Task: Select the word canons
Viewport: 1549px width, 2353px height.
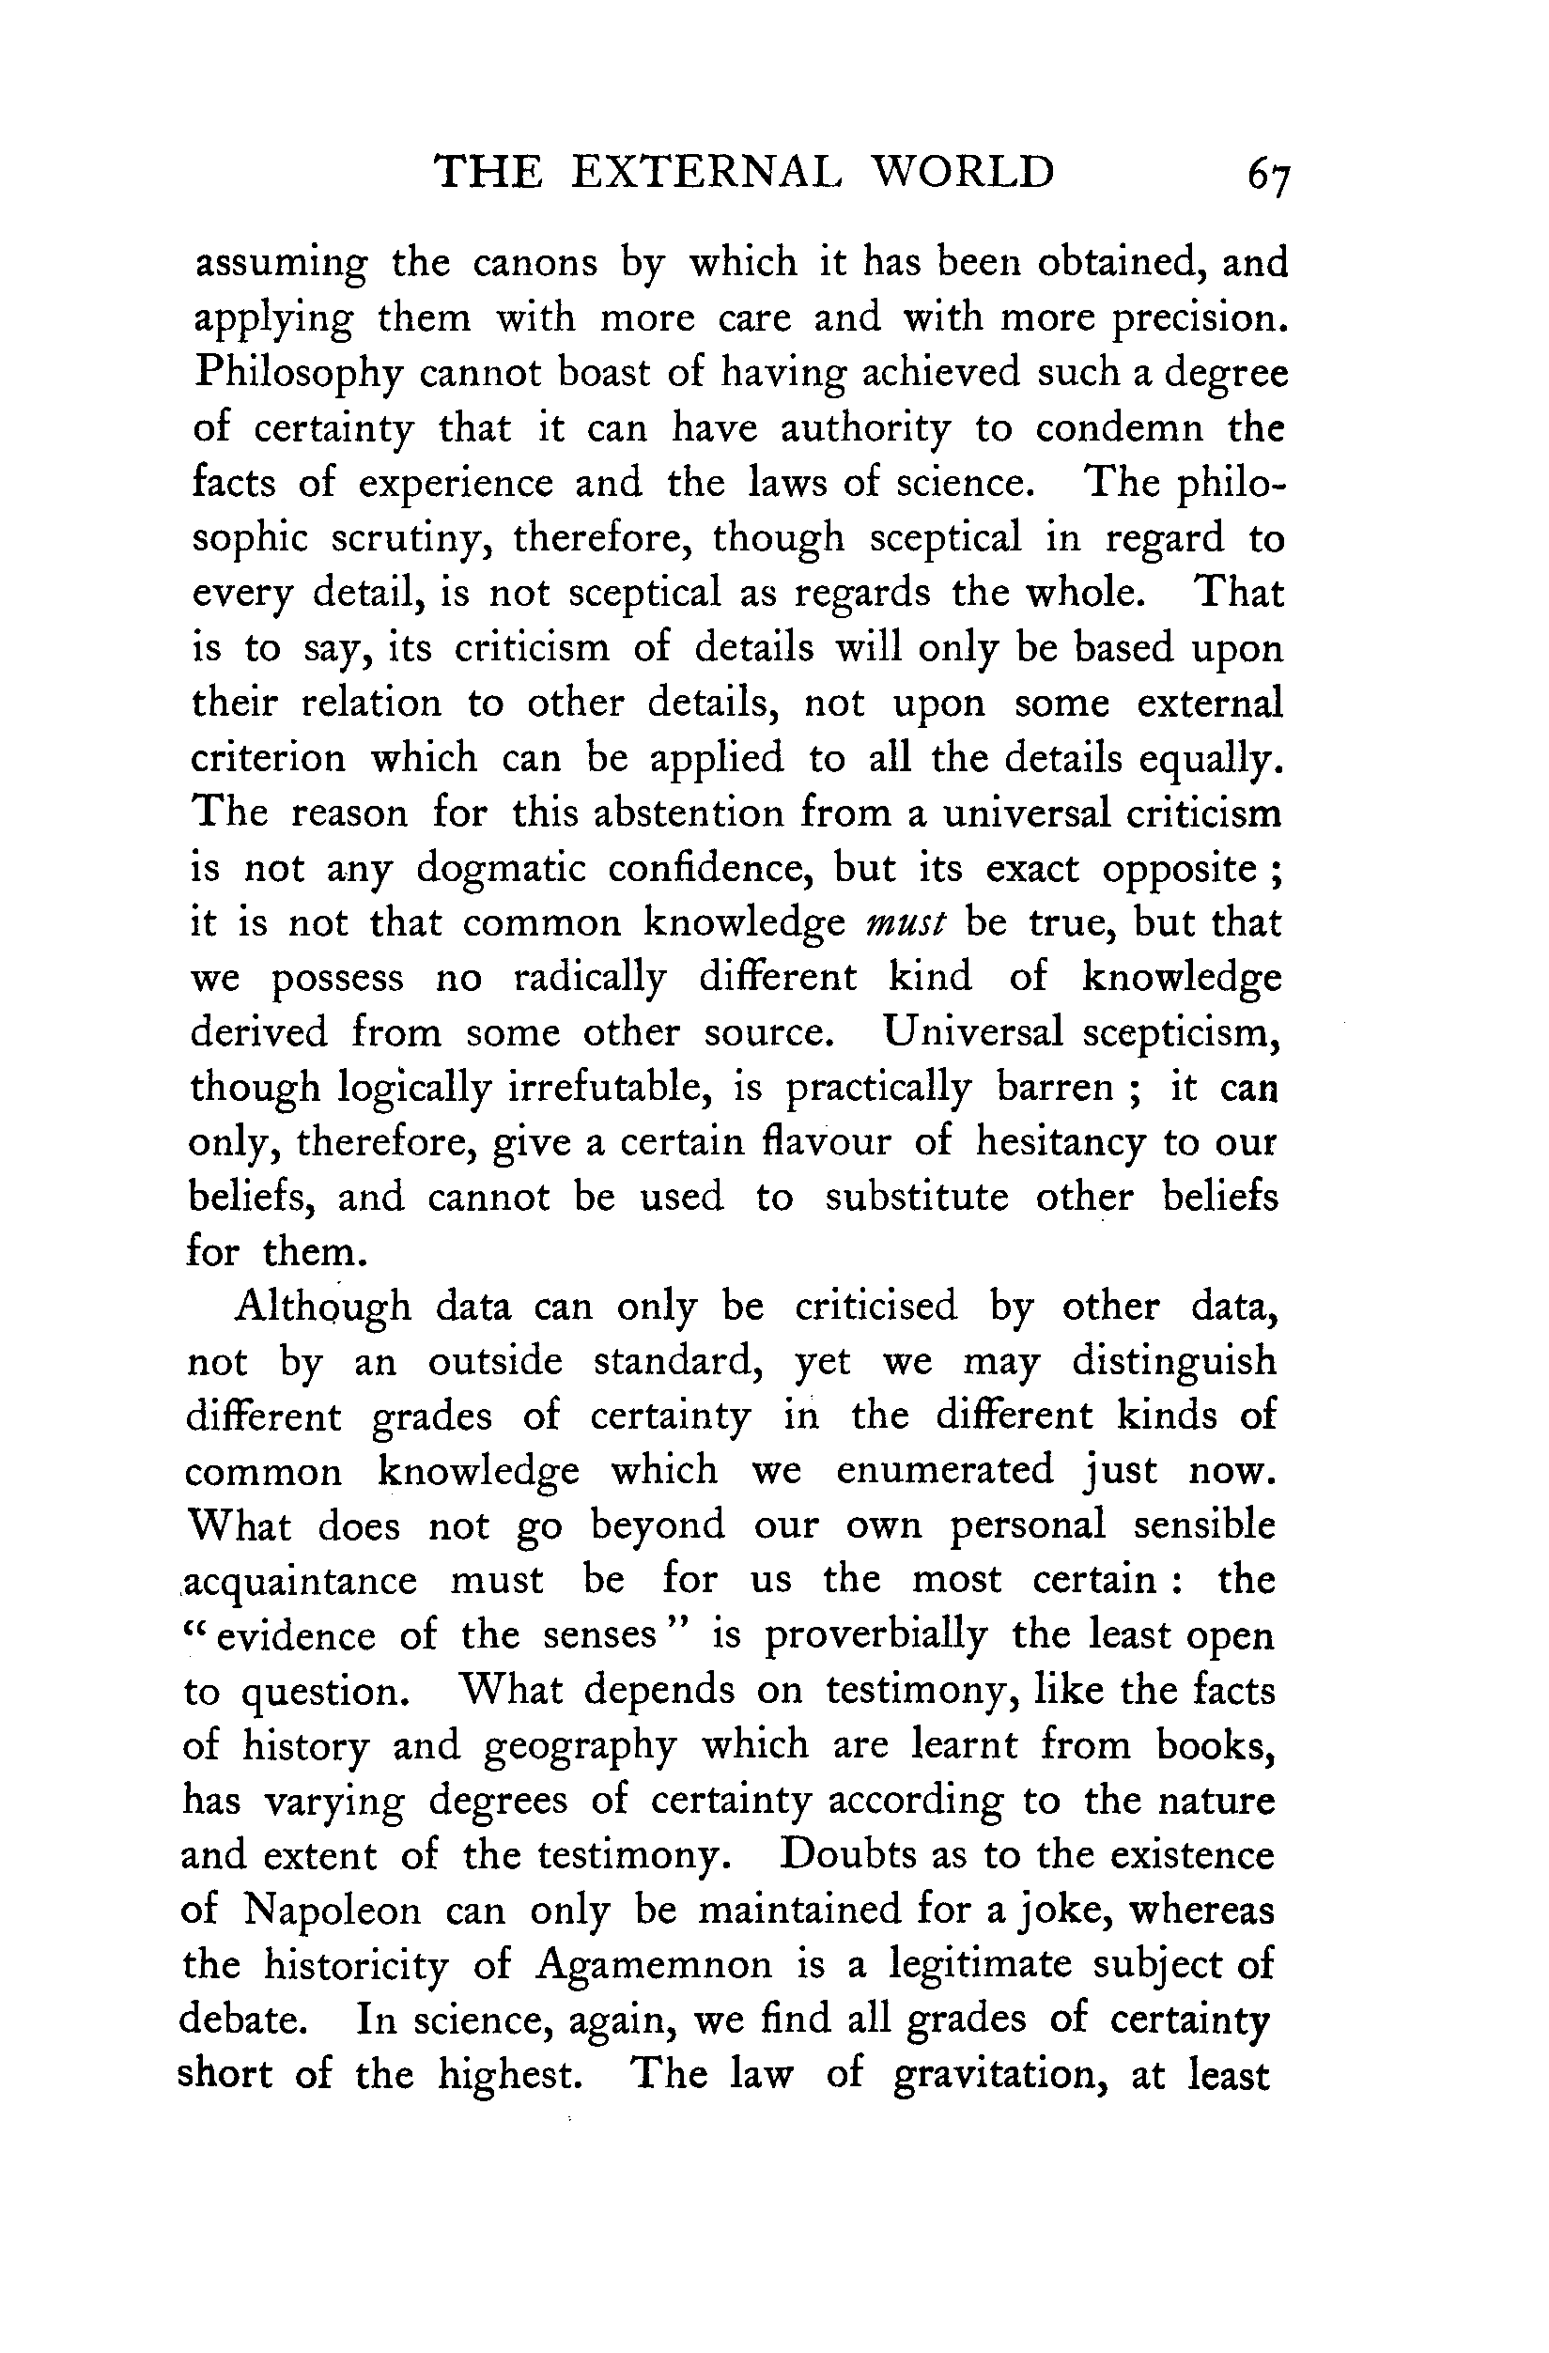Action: [534, 263]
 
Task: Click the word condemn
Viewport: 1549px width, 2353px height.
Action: [1119, 429]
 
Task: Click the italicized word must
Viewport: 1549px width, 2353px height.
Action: [906, 924]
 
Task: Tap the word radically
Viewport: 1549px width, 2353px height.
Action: [589, 979]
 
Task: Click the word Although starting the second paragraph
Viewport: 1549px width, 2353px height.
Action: [323, 1307]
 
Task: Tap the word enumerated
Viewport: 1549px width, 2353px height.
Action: [945, 1471]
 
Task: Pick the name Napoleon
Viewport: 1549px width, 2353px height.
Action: [333, 1910]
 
